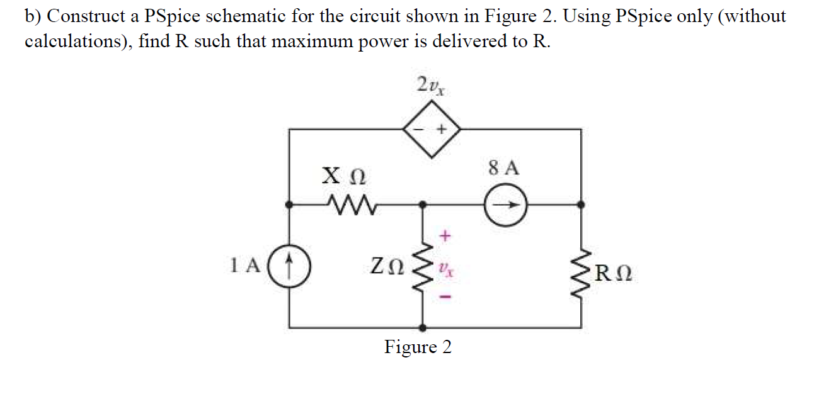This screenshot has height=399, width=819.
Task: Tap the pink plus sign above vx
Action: point(445,237)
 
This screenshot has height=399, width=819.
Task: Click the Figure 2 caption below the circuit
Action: point(418,347)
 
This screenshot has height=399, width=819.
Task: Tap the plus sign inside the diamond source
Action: point(442,129)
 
